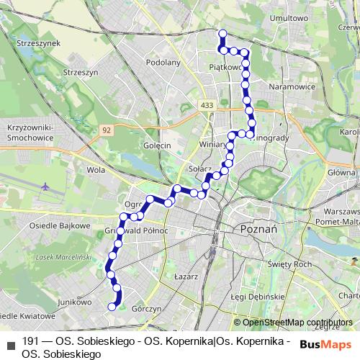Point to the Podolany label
(x=162, y=63)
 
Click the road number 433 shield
(x=208, y=105)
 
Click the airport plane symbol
(x=47, y=187)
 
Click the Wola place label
(x=96, y=171)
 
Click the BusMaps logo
(x=325, y=343)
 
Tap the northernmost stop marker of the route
(x=222, y=33)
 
